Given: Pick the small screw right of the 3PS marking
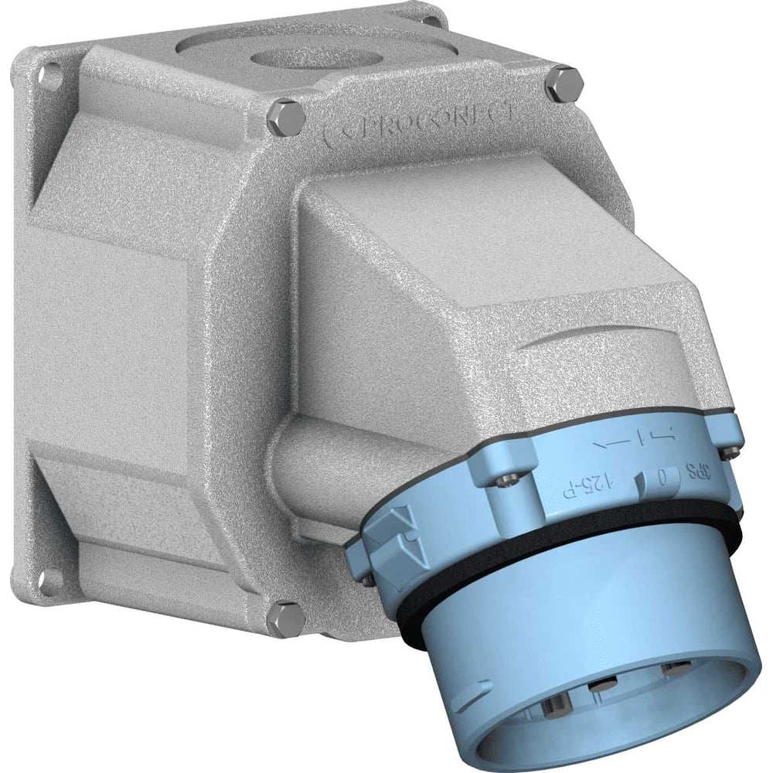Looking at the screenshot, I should tap(730, 446).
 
